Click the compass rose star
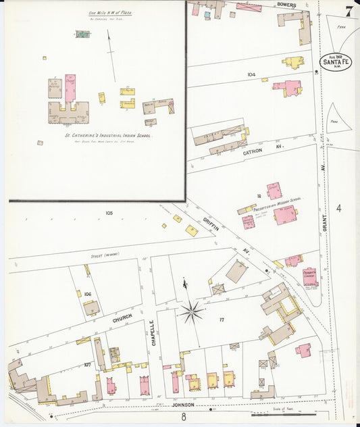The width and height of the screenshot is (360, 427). [x=192, y=312]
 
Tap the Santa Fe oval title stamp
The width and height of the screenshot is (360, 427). [x=335, y=62]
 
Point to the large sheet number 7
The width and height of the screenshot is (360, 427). [x=349, y=11]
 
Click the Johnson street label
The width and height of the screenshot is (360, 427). [x=183, y=405]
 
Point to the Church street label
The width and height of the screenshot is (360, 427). [x=122, y=318]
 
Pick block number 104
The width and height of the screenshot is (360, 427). [x=251, y=74]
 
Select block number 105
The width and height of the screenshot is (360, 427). [x=109, y=213]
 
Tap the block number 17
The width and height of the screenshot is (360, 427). [x=221, y=319]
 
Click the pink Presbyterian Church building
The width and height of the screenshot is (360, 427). [x=309, y=276]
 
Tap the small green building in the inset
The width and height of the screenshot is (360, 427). [x=82, y=34]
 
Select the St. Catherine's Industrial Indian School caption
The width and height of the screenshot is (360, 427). [x=108, y=135]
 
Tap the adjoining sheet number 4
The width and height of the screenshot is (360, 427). [x=339, y=208]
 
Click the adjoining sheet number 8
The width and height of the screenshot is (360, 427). [x=183, y=417]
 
